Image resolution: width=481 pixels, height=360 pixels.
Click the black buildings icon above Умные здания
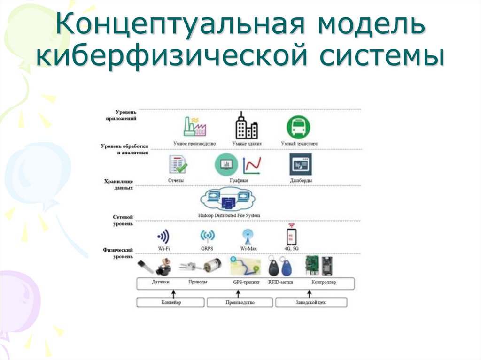[246, 126]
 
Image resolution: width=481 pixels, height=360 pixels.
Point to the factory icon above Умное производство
[195, 127]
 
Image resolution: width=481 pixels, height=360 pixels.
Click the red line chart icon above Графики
[252, 165]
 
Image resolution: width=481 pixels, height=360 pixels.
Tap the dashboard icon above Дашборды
[301, 164]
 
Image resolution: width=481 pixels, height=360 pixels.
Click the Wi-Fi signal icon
[163, 236]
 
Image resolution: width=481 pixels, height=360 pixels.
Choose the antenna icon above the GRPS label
[207, 236]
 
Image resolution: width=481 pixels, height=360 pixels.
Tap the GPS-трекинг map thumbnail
[245, 266]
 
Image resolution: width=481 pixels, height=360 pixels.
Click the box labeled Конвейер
[171, 303]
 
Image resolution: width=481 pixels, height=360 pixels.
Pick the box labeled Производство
[240, 303]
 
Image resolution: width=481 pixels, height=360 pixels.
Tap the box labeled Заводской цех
[310, 303]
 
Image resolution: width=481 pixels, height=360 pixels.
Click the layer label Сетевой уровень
[124, 221]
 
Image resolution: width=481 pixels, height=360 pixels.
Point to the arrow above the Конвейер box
[173, 293]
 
